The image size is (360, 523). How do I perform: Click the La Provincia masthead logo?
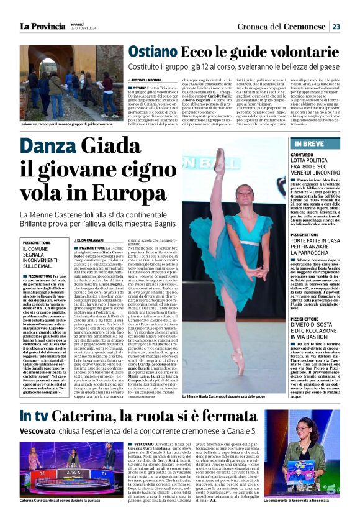point(42,26)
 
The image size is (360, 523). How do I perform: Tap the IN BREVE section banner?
point(305,143)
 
